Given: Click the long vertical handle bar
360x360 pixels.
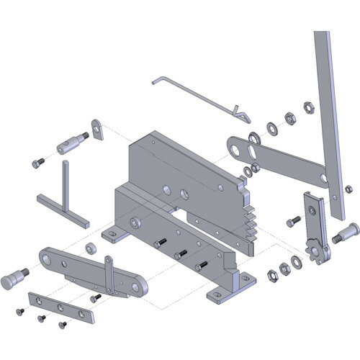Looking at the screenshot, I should (326, 122).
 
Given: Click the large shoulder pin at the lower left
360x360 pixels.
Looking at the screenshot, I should (14, 276).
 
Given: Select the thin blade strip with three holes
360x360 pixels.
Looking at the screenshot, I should (60, 306).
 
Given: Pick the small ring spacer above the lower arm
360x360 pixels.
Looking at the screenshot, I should (91, 248).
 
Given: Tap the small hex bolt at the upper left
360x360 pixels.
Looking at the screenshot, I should (38, 163).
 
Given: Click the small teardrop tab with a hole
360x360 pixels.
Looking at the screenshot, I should (95, 128).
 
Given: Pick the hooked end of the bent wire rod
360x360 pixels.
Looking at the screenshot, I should (240, 114).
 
